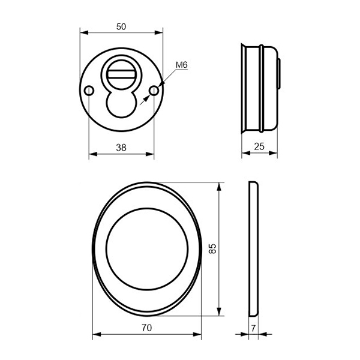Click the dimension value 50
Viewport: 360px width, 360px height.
tap(121, 27)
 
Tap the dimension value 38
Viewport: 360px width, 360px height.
tap(121, 148)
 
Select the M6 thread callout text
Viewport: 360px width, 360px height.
tap(182, 65)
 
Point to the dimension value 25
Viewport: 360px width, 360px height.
tap(259, 146)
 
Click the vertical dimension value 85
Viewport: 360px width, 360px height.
tap(212, 248)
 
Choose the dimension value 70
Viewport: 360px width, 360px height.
tap(146, 328)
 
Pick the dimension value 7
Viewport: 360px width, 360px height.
tap(253, 328)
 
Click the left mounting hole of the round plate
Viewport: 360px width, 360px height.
tap(89, 91)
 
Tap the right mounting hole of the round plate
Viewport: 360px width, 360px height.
tap(154, 91)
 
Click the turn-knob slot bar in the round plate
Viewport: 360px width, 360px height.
tap(121, 74)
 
